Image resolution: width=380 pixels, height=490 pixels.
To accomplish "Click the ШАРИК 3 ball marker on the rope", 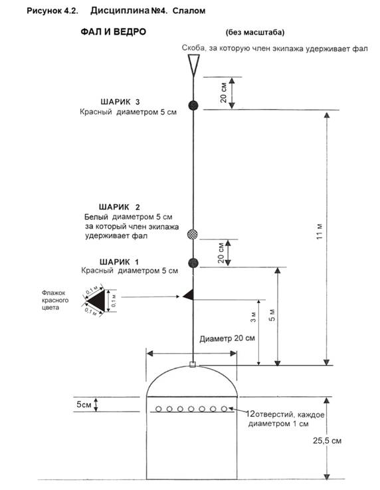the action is pos(193,105).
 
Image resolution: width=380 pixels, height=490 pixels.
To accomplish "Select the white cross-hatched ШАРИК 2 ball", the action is pos(193,234).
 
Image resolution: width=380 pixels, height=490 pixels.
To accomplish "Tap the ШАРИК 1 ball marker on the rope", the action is pos(193,263).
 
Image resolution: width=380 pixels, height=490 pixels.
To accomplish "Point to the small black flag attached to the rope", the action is pos(189,295).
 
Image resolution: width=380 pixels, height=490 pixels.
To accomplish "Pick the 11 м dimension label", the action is pos(319,231).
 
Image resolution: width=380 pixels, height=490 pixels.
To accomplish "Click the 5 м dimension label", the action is pos(272,315).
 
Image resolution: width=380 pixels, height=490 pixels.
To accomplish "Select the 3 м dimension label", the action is pos(253,317).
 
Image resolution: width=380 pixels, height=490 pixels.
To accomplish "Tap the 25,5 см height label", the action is pos(327,441).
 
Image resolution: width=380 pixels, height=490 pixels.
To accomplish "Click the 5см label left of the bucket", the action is pos(84,404).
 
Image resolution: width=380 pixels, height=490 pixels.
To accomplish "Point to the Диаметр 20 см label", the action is pos(227,338).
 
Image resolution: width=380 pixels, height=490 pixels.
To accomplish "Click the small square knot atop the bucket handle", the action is pos(193,364).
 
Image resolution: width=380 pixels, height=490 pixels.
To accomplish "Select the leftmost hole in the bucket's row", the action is pos(159,409).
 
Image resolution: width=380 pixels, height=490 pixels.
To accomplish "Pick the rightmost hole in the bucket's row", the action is pos(224,409).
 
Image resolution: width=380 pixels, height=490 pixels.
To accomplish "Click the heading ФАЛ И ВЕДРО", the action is pos(114,32).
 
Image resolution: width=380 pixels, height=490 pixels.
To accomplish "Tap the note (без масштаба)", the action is pos(255,33).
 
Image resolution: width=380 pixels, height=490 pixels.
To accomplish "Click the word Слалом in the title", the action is pos(189,11).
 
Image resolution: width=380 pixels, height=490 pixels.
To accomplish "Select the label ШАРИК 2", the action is pos(120,207).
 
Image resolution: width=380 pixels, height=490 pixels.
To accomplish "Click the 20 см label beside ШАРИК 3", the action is pos(223,93).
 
